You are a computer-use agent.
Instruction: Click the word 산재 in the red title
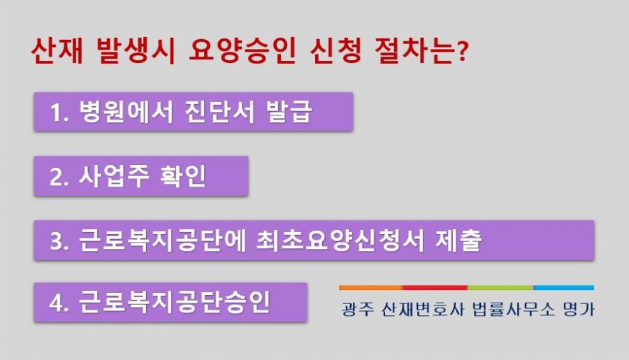pos(57,50)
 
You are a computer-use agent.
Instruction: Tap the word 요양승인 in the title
pos(243,50)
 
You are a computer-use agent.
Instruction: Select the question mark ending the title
pos(463,51)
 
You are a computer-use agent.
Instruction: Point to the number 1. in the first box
pos(59,113)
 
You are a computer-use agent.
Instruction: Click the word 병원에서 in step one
pos(126,111)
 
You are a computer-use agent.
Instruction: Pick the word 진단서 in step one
pos(219,111)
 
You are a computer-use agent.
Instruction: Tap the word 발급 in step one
pos(289,111)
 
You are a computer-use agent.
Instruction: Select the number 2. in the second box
pos(59,177)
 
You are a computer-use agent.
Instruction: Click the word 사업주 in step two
pos(114,175)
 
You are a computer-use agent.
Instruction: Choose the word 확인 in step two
pos(183,175)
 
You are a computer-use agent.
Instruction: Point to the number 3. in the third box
pos(59,241)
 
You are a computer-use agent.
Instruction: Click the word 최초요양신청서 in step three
pos(340,240)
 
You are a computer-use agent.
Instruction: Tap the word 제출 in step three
pos(458,240)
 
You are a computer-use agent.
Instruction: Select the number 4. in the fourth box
pos(59,303)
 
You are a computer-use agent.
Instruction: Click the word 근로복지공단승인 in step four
pos(174,302)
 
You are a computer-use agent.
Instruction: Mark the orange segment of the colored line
pos(370,288)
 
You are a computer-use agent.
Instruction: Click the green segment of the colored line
pos(500,288)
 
